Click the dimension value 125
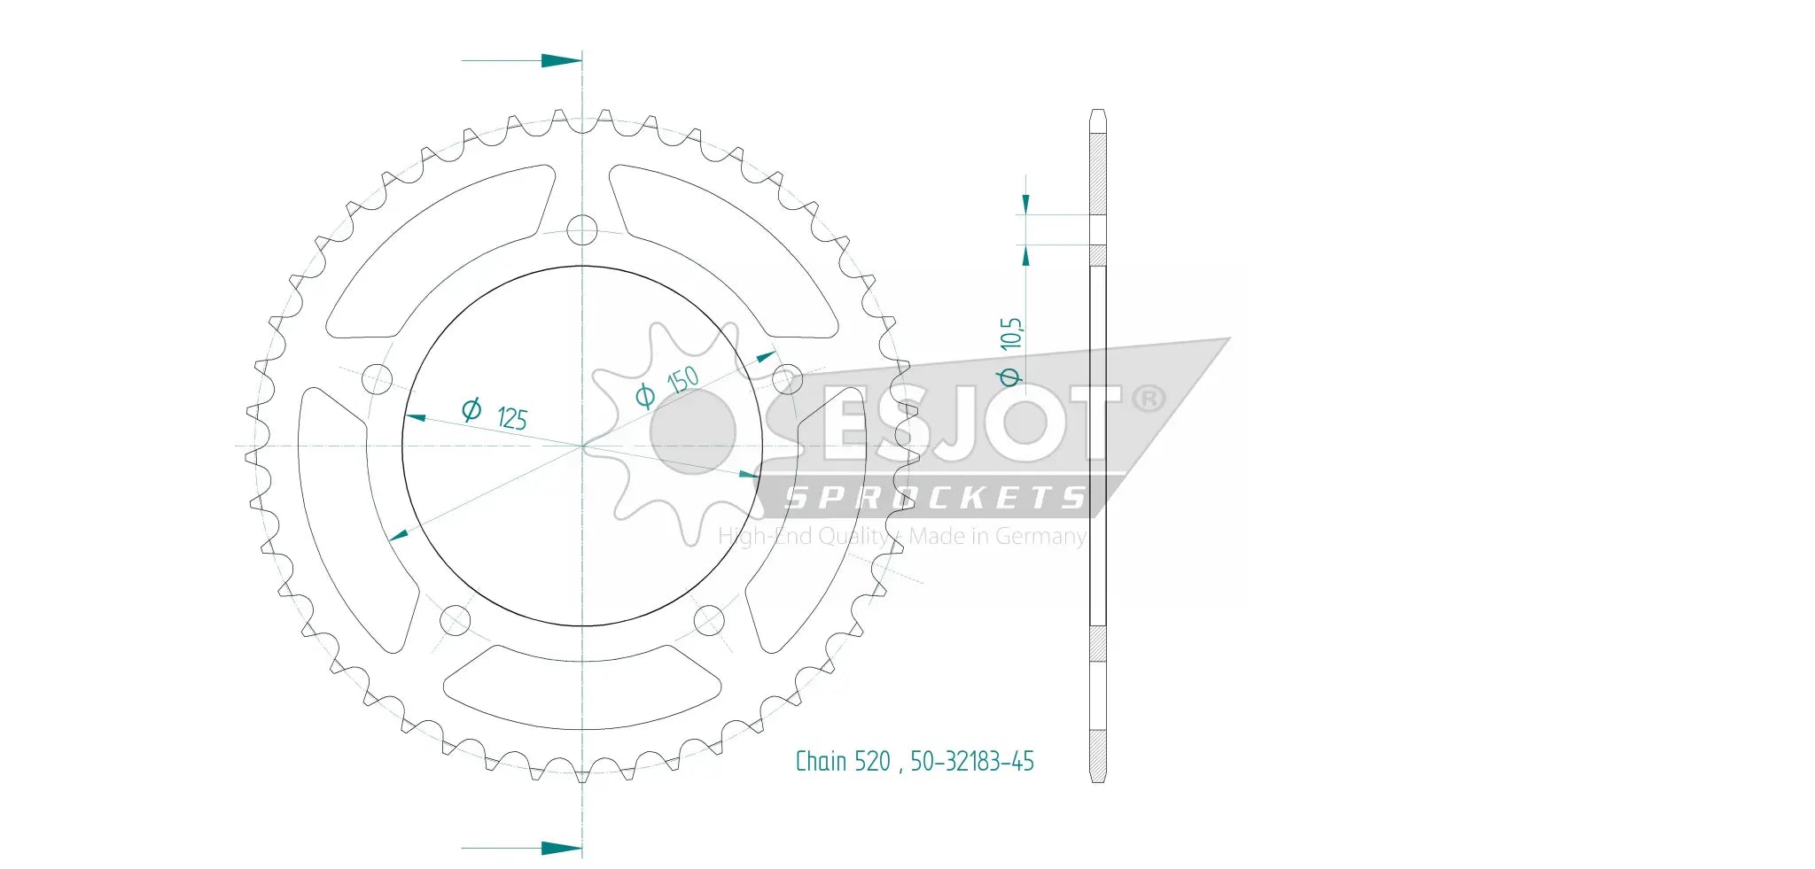click(512, 418)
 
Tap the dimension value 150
click(683, 380)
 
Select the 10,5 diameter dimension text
click(1011, 334)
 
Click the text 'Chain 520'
click(842, 762)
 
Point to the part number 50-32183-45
click(972, 762)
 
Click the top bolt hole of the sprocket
click(581, 230)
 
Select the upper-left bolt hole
click(378, 379)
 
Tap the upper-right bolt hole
click(786, 379)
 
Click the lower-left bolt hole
click(456, 619)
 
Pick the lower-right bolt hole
click(708, 619)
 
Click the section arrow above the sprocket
click(560, 61)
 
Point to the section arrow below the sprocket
click(560, 848)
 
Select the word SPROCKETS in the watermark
click(935, 498)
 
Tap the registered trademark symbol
click(1149, 399)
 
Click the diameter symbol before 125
click(471, 409)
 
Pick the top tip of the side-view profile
click(1097, 113)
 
